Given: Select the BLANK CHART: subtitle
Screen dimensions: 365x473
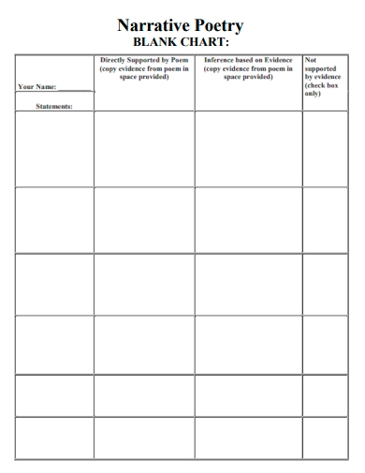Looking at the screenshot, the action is [x=182, y=42].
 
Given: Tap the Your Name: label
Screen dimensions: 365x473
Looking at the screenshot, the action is [x=36, y=87].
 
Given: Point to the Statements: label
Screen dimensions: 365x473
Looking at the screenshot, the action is [x=53, y=106].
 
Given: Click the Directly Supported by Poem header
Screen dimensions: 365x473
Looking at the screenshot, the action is [x=144, y=68].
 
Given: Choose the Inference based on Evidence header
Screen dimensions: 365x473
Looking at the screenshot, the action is [x=248, y=68].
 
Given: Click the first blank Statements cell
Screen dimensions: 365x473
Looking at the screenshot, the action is [x=53, y=149].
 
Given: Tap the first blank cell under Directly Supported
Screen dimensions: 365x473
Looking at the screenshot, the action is [x=144, y=149].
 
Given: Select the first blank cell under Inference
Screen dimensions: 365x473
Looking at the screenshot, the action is [x=248, y=149].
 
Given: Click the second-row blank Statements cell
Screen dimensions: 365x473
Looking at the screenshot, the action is [x=53, y=219].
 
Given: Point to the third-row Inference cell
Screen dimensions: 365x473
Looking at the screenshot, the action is [x=248, y=284].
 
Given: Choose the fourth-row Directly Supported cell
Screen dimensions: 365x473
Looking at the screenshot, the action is [x=144, y=345].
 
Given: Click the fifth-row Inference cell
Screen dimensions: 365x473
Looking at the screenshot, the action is [x=248, y=394].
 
